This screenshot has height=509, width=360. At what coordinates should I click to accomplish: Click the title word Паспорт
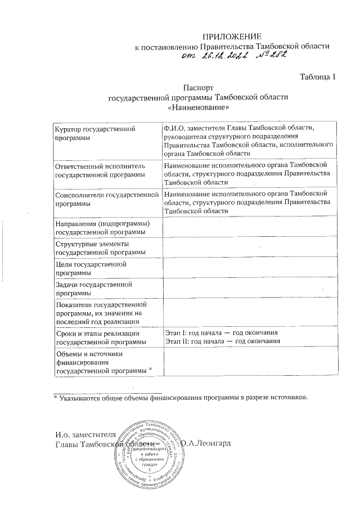198,87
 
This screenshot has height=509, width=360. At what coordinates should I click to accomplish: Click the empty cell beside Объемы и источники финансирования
250,362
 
